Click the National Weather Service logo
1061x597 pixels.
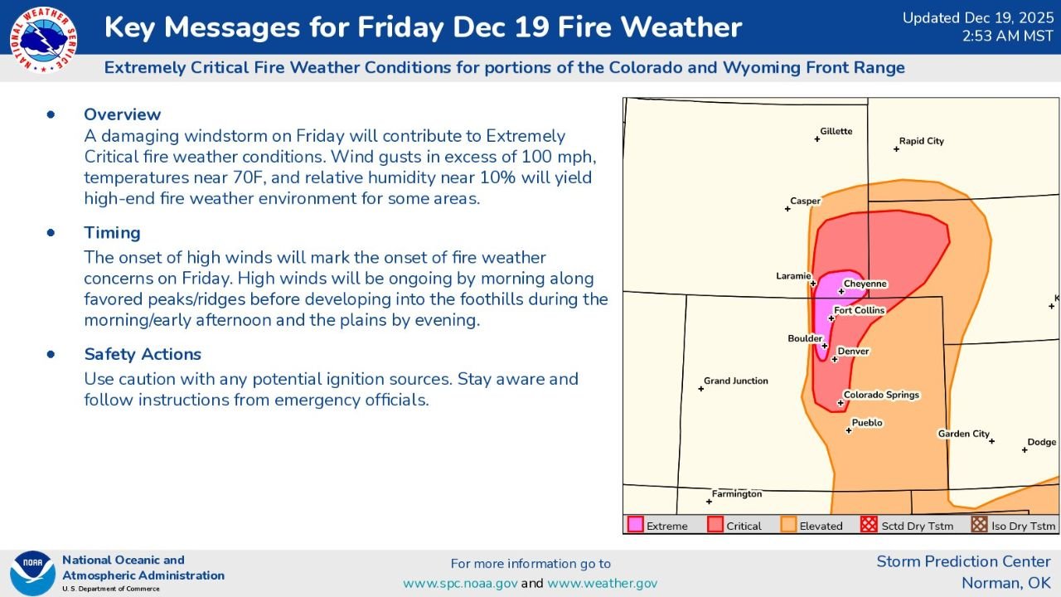pos(44,39)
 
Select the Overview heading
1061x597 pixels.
pos(123,114)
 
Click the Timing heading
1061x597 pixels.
pos(112,233)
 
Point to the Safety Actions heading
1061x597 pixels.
pos(143,354)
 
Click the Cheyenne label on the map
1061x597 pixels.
pos(865,284)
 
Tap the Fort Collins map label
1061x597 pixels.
pos(859,310)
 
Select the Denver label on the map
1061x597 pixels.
pos(853,352)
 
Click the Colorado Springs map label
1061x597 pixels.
pos(881,395)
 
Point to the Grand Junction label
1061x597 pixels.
pos(735,381)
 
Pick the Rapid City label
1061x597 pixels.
pos(921,141)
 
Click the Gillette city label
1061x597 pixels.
pos(836,131)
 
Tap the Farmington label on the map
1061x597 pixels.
pos(736,494)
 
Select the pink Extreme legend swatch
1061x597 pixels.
pos(636,525)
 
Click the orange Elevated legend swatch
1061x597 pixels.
pos(788,525)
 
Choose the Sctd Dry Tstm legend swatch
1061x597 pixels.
pos(869,525)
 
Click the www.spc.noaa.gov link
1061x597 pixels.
pos(460,583)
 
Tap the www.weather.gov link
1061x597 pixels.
pos(602,583)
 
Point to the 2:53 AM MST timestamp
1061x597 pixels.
pos(1006,36)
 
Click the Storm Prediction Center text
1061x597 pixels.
pos(963,562)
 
